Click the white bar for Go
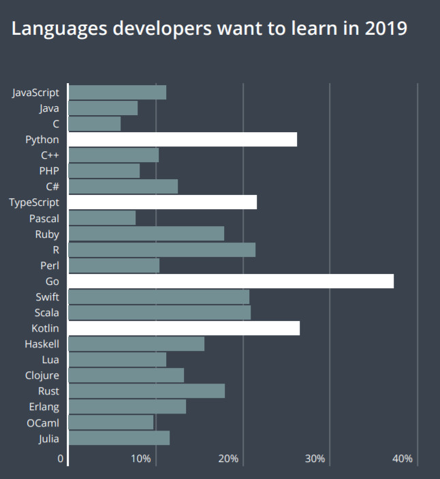click(231, 281)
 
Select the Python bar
click(183, 140)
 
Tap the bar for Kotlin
click(184, 328)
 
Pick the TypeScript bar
click(163, 202)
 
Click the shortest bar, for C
click(95, 124)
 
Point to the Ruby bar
click(146, 234)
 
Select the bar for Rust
click(146, 390)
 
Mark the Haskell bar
click(136, 343)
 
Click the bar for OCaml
click(111, 422)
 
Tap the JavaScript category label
click(35, 93)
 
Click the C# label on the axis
click(52, 187)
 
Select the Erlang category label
click(43, 407)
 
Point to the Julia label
click(48, 438)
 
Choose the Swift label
click(47, 297)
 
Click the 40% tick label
click(403, 459)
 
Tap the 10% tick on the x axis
click(140, 459)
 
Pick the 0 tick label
click(61, 459)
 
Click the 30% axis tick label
click(315, 459)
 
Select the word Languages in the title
click(57, 29)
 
